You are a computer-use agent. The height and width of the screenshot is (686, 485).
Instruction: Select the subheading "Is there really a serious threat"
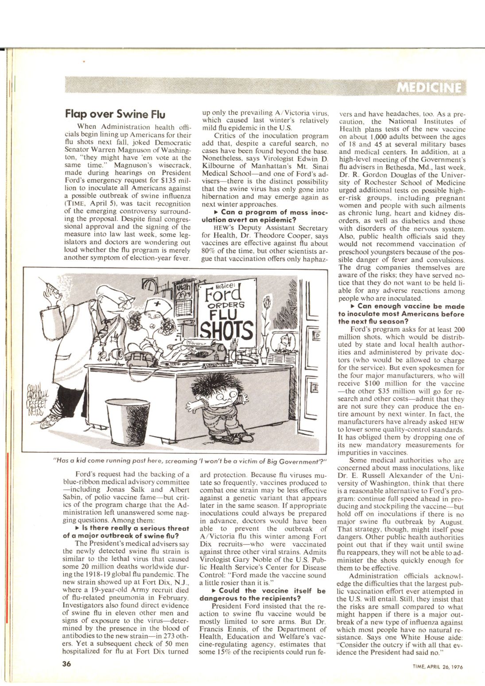tap(126, 532)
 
